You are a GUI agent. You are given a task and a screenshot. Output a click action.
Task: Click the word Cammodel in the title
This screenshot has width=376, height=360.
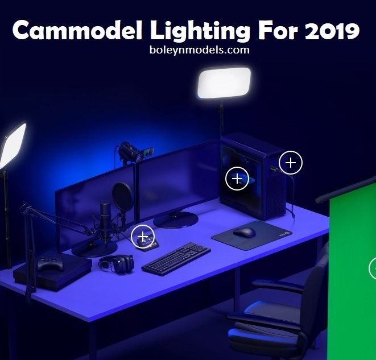coord(78,30)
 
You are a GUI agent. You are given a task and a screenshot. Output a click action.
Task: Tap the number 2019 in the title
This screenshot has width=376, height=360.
coord(332,31)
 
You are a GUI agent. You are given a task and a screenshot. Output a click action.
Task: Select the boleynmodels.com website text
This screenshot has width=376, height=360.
coord(200,50)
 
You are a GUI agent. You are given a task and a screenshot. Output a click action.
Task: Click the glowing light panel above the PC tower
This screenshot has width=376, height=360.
coord(224,83)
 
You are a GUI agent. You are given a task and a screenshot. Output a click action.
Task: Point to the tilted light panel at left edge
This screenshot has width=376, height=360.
coord(13,146)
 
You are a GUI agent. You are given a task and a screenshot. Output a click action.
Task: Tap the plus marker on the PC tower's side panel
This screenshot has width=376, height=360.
coord(237,179)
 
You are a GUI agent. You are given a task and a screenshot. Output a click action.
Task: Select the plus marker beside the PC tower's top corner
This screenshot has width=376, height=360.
coord(291,163)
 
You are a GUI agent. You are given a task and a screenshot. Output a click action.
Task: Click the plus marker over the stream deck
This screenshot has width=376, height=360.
coord(143,237)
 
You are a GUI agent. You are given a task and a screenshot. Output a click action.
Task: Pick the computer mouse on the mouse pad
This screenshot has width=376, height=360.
coord(244,232)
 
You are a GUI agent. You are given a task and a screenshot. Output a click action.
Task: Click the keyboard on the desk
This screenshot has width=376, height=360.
coord(176,258)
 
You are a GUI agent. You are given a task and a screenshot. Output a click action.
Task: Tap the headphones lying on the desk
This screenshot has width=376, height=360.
coord(117,263)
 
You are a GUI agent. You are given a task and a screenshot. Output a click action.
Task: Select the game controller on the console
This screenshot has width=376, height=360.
coord(51,264)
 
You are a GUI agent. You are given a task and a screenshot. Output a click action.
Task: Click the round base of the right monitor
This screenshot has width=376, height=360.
coord(176,220)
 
